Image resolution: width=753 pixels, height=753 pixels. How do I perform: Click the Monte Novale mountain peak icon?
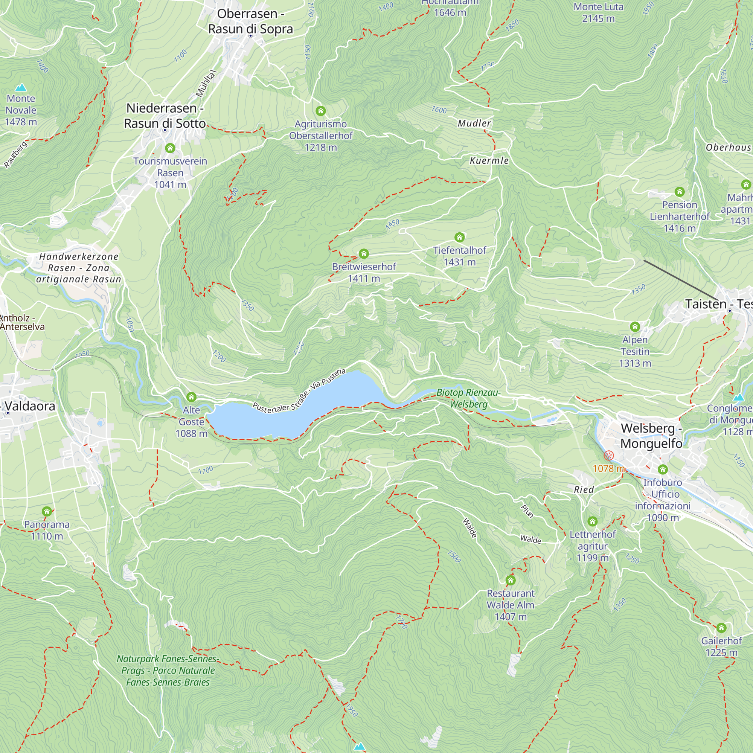point(21,88)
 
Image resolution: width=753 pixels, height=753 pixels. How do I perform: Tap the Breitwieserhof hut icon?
point(364,254)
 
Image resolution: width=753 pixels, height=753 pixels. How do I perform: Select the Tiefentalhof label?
point(459,251)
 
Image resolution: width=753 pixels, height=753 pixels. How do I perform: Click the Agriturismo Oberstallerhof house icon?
point(320,111)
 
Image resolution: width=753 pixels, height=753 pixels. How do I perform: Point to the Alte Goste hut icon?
point(191,397)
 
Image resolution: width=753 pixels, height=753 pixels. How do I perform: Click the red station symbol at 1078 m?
point(608,455)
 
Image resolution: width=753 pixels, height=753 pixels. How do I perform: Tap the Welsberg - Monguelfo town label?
point(651,436)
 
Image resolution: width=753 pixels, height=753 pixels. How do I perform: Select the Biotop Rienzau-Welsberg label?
point(468,398)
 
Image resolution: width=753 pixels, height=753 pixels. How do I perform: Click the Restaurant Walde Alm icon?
point(510,580)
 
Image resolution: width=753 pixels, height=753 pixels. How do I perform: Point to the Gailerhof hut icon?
point(721,628)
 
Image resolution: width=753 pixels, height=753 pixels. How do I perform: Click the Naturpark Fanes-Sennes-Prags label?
point(168,671)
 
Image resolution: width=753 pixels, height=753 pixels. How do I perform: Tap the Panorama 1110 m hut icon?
point(47,511)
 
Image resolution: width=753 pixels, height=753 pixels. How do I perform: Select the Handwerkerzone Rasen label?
point(79,268)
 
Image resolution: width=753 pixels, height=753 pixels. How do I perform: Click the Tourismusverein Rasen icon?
point(170,148)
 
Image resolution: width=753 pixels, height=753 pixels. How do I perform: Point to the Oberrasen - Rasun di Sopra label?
point(250,21)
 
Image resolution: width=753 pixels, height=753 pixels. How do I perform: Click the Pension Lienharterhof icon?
point(679,192)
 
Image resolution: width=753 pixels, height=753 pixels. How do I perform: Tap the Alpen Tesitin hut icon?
point(634,326)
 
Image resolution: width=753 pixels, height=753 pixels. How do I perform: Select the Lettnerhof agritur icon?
point(592,521)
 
